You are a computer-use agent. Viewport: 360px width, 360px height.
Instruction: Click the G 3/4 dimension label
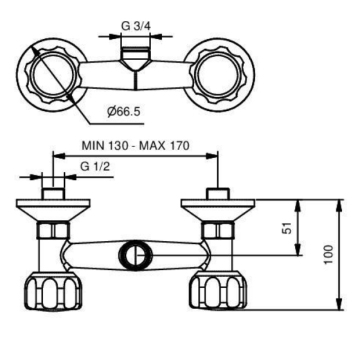(x=136, y=26)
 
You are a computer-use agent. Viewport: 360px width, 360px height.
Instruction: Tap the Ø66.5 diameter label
(x=124, y=111)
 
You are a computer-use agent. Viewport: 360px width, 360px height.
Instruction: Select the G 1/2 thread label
(x=95, y=166)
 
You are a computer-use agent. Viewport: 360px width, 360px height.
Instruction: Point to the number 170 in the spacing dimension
(x=178, y=145)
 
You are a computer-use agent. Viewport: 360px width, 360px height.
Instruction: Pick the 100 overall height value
(x=329, y=254)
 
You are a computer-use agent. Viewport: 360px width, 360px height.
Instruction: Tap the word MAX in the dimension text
(x=152, y=145)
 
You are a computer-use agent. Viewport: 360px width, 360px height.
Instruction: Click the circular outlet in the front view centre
(x=135, y=256)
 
